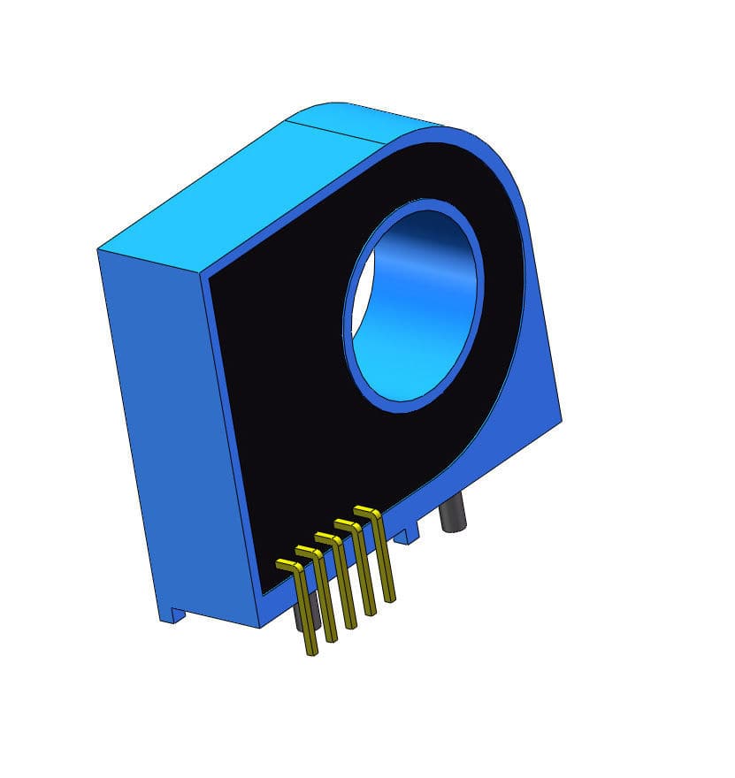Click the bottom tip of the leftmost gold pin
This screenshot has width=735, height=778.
pyautogui.click(x=311, y=652)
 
